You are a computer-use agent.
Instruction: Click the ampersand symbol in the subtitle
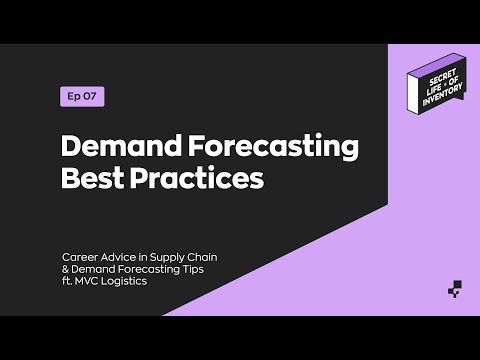pos(65,269)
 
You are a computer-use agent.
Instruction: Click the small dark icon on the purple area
pos(454,292)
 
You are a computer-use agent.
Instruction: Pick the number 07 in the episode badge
pos(91,97)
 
